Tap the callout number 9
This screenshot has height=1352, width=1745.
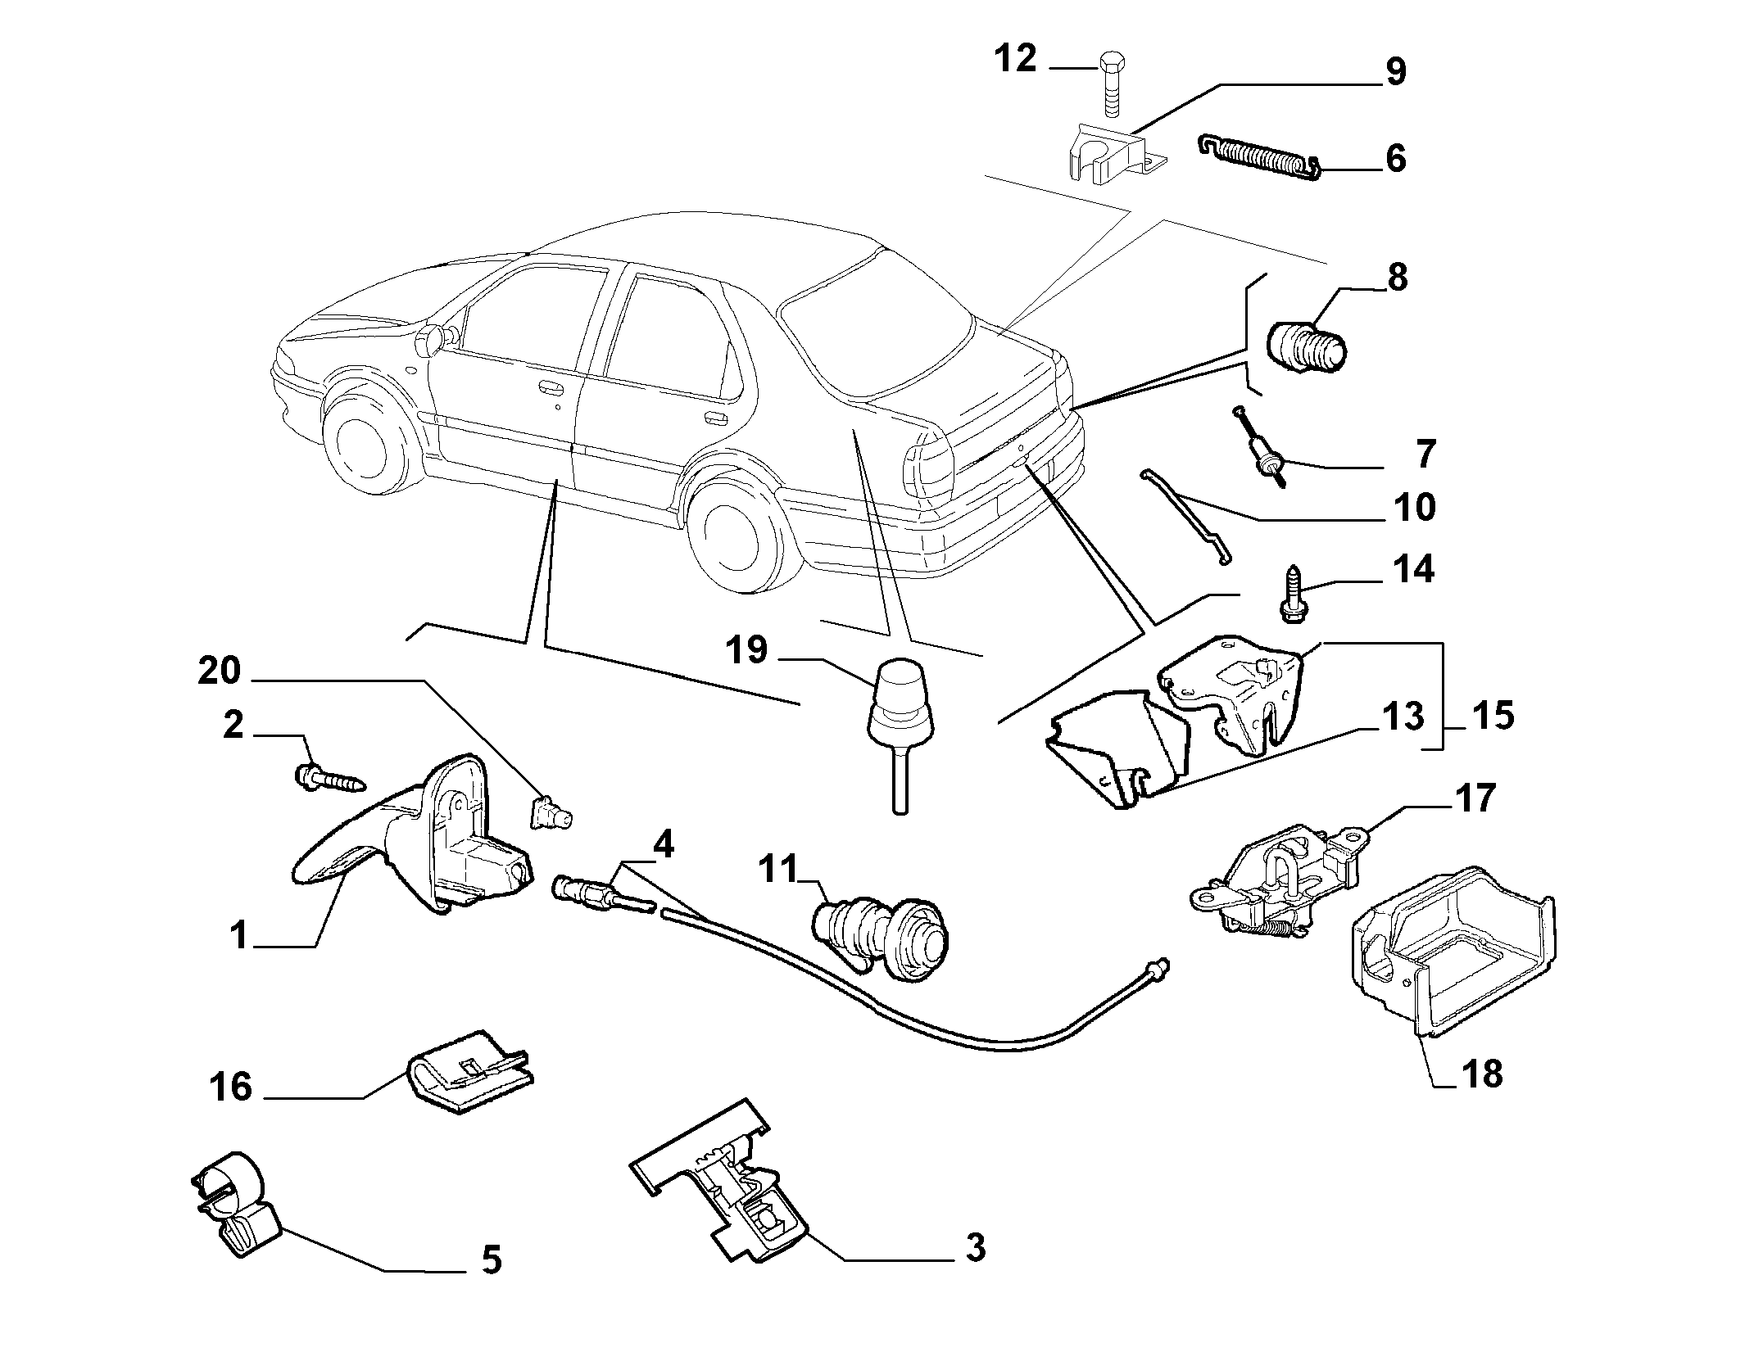pyautogui.click(x=1395, y=72)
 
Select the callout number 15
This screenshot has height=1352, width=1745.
pyautogui.click(x=1491, y=715)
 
